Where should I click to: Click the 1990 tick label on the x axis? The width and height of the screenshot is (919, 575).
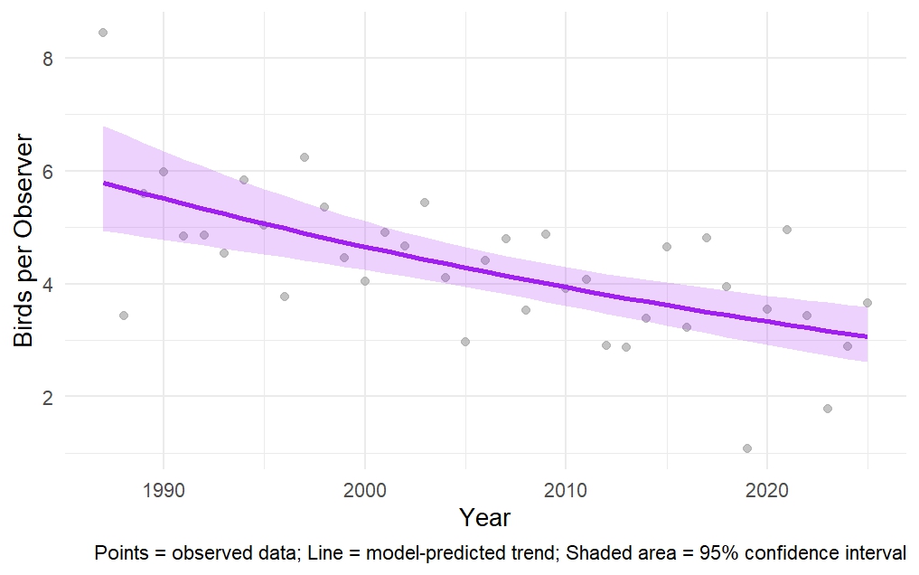[164, 489]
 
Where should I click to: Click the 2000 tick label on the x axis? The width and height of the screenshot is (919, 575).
[364, 489]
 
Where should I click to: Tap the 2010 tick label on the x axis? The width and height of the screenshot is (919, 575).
[566, 489]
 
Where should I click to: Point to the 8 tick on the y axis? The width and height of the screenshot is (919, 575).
[48, 58]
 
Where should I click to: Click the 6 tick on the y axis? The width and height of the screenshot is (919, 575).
[48, 171]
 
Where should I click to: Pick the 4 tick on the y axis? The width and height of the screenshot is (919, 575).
[48, 284]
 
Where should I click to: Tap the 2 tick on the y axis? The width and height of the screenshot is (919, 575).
[48, 397]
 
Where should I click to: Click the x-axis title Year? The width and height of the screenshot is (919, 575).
[484, 518]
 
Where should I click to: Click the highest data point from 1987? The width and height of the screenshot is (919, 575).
[103, 33]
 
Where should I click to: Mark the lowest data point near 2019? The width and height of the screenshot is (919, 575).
[746, 448]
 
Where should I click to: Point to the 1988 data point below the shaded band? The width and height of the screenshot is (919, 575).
[124, 316]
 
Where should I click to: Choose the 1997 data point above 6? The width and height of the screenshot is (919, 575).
[305, 157]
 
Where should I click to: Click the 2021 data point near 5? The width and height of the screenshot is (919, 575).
[787, 230]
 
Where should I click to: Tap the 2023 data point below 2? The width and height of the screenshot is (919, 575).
[827, 409]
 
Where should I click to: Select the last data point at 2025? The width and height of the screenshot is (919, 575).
[867, 303]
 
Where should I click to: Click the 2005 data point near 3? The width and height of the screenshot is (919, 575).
[465, 342]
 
